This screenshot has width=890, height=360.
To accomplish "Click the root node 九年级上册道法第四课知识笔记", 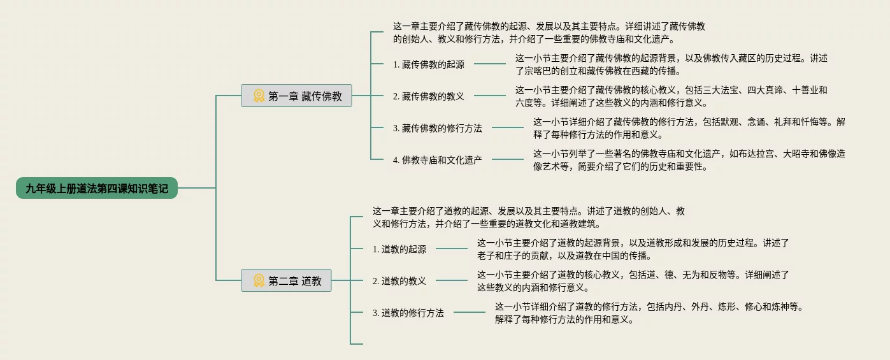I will pyautogui.click(x=97, y=188).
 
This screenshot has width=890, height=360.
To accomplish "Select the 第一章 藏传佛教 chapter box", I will pyautogui.click(x=296, y=96).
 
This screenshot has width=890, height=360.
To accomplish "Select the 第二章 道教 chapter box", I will pyautogui.click(x=286, y=280).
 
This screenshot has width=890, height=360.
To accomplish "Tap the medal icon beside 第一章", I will pyautogui.click(x=259, y=96).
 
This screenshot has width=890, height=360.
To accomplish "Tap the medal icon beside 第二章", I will pyautogui.click(x=259, y=280).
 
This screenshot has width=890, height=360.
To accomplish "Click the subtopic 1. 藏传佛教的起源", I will pyautogui.click(x=428, y=64).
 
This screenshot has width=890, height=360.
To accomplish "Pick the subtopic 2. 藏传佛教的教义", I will pyautogui.click(x=428, y=96).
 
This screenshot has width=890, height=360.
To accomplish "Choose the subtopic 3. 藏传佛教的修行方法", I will pyautogui.click(x=437, y=128).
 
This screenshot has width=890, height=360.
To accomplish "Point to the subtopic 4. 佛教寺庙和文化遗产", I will pyautogui.click(x=437, y=160).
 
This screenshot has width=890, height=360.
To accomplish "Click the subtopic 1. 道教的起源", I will pyautogui.click(x=399, y=249).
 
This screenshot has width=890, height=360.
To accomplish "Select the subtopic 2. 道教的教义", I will pyautogui.click(x=399, y=280).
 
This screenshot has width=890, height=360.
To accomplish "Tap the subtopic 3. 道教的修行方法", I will pyautogui.click(x=408, y=313).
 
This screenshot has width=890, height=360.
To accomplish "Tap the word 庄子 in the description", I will pyautogui.click(x=518, y=256).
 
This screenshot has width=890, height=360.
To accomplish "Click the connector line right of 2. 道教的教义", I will pyautogui.click(x=452, y=280).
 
